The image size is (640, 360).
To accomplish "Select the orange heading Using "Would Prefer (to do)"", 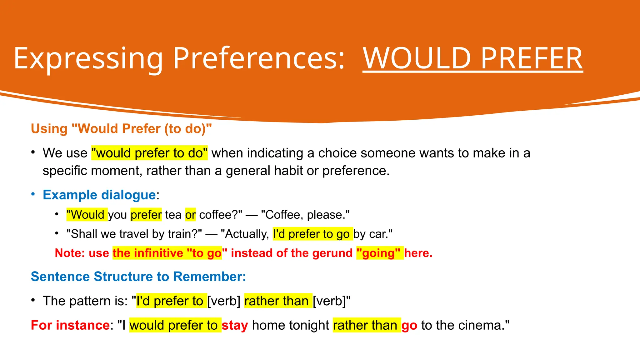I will coord(121,129).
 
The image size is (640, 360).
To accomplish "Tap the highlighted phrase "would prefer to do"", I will coord(149,153).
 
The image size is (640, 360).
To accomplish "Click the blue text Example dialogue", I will coord(99,195).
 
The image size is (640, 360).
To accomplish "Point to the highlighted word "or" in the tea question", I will coord(190,215).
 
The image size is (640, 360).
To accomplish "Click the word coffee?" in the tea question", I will coord(220,215).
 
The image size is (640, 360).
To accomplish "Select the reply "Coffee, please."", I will coord(305,215).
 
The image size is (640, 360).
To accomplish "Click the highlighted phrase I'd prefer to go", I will coord(312,234).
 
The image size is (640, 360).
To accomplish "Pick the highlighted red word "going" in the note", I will coord(379,253).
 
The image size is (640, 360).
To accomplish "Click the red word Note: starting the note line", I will coord(70,253).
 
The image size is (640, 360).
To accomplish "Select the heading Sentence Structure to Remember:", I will coord(138,277).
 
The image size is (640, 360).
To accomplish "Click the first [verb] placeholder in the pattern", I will coord(224,301).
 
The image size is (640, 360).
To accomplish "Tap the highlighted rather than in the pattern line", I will coord(277,301).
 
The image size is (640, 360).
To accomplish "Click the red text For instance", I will coord(70,325).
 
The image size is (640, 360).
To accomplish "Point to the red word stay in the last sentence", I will coord(234,325).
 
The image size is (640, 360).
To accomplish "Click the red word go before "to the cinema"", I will coord(409,325).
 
